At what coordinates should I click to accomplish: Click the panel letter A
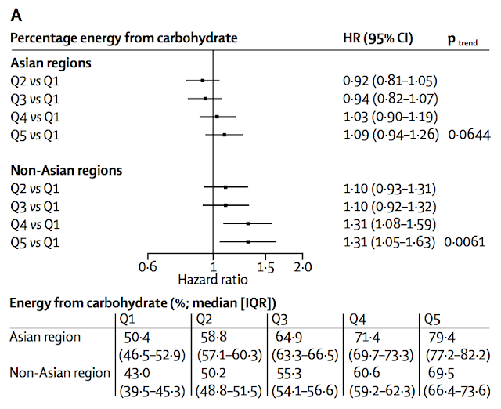(16, 15)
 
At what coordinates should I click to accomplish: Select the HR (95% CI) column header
(378, 38)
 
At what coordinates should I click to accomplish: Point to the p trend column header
(463, 40)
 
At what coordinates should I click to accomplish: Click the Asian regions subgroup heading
(51, 63)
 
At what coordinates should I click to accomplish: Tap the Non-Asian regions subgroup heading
(67, 171)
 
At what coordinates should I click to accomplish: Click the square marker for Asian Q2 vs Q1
(203, 81)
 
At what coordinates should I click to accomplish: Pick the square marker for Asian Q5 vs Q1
(225, 135)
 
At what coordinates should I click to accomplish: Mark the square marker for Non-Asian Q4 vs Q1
(248, 223)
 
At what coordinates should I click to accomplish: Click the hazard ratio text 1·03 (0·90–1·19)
(390, 117)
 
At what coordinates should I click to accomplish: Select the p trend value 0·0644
(469, 135)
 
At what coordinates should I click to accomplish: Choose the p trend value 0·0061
(464, 242)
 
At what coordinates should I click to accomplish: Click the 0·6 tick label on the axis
(148, 266)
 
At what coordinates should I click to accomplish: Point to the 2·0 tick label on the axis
(303, 266)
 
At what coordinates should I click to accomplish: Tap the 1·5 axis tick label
(265, 266)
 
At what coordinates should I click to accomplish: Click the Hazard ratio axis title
(213, 280)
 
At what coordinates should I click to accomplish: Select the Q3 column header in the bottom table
(279, 320)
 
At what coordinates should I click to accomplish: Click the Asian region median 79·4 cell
(442, 338)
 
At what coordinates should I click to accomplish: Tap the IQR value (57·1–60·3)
(229, 356)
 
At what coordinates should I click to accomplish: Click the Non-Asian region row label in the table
(59, 373)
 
